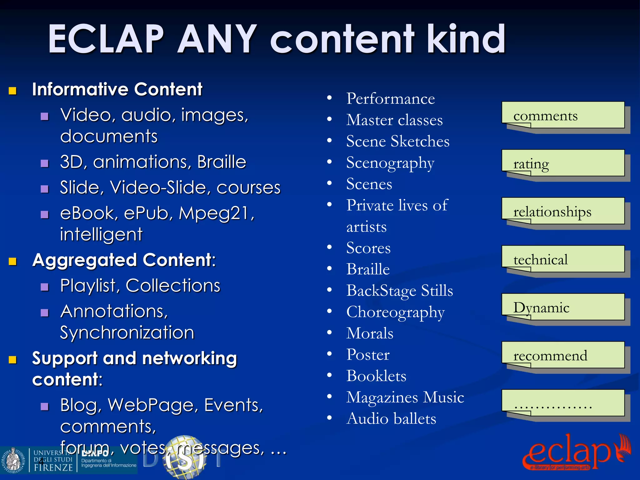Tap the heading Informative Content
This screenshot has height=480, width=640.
[117, 89]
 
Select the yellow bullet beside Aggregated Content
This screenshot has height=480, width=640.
[12, 261]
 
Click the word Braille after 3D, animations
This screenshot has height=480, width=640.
[222, 162]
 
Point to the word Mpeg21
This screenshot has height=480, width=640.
[216, 213]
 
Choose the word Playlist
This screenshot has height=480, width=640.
[88, 286]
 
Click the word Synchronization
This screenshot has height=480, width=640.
[127, 332]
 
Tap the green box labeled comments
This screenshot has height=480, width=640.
[563, 115]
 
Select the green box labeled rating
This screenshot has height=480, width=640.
[563, 163]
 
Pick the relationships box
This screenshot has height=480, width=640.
[563, 211]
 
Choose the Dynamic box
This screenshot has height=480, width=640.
[563, 307]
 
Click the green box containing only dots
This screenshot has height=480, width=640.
[563, 403]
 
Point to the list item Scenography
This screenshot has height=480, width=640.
[390, 163]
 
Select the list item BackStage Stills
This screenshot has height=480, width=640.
[399, 291]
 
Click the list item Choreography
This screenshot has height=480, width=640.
[395, 312]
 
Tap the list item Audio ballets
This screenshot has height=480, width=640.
[391, 419]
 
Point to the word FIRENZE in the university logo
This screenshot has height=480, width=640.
[53, 467]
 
